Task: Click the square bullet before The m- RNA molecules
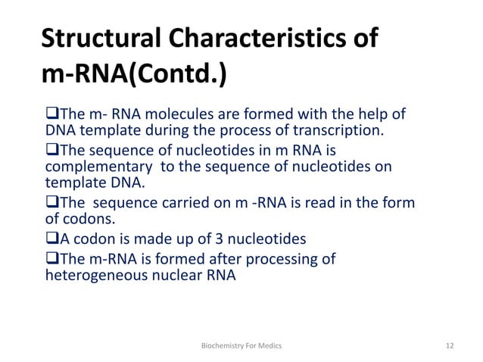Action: [52, 114]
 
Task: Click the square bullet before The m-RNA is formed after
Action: [52, 259]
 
